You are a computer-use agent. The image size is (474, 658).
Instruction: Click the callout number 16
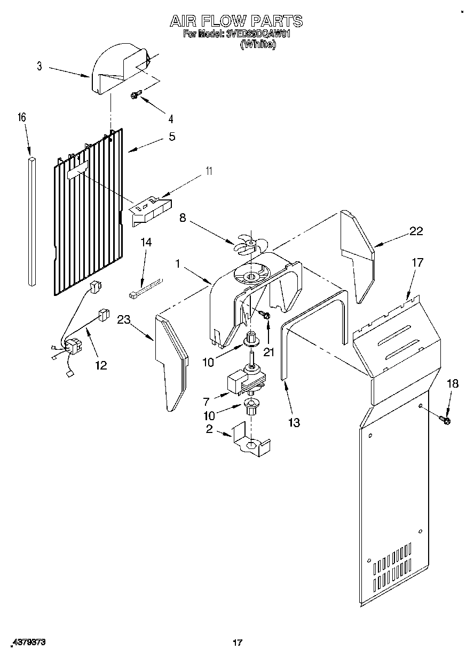pyautogui.click(x=22, y=117)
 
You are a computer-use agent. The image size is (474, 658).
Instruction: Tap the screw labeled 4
pyautogui.click(x=135, y=95)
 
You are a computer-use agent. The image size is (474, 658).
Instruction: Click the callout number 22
pyautogui.click(x=416, y=231)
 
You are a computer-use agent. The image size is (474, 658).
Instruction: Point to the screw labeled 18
pyautogui.click(x=445, y=421)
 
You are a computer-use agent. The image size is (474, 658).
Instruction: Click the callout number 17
pyautogui.click(x=417, y=262)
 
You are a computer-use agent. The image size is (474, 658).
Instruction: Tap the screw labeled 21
pyautogui.click(x=265, y=317)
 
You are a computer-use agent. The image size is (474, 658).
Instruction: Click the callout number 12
pyautogui.click(x=100, y=365)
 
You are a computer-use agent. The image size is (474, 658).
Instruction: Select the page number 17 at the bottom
pyautogui.click(x=238, y=643)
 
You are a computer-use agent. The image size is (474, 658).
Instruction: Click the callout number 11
pyautogui.click(x=209, y=171)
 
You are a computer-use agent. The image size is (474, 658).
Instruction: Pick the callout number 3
pyautogui.click(x=39, y=66)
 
